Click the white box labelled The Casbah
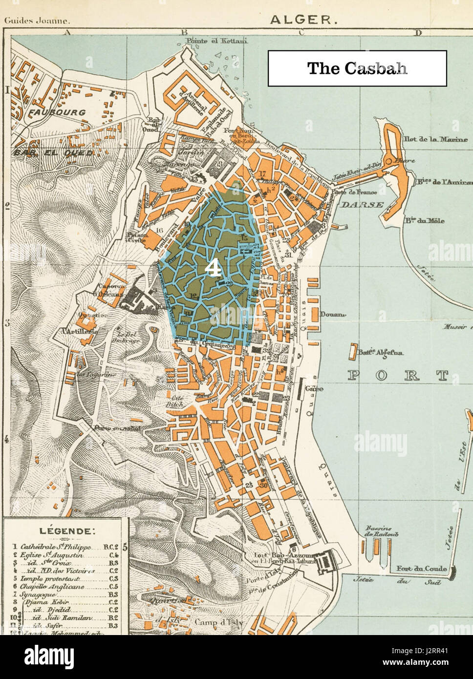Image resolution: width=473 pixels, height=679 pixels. coord(357,68)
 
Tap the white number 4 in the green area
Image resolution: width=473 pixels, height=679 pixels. coord(212,268)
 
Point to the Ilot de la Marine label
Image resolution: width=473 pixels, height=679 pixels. coord(429,139)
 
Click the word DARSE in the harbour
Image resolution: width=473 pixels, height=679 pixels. coord(362,205)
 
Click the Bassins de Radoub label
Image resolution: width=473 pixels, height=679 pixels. coord(382,531)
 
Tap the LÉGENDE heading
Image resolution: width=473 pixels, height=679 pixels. coord(65,531)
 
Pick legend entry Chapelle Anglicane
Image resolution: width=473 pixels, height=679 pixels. coord(45,586)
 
